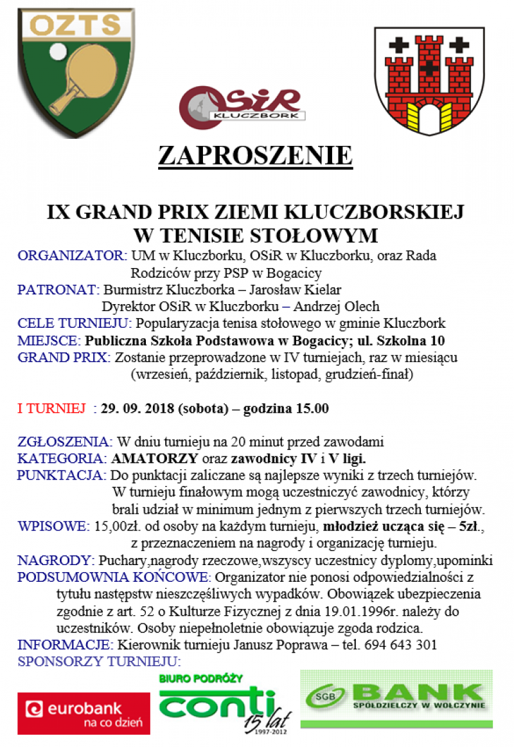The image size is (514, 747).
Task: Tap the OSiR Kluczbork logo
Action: coord(240,104)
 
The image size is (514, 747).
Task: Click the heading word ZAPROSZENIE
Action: coord(255,156)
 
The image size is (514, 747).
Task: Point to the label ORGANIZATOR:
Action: coord(72,255)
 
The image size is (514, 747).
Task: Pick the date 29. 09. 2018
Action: coord(137,408)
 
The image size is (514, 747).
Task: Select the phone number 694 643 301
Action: coord(401,645)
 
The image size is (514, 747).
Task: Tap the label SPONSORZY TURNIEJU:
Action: coord(99,661)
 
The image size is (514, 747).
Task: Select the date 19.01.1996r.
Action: coord(345,611)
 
